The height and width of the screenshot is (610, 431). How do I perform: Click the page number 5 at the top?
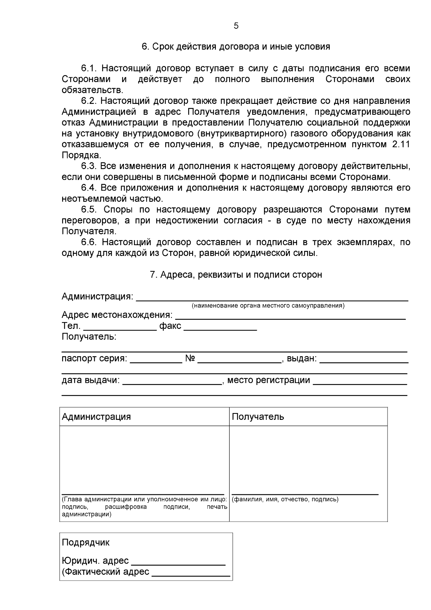tap(236, 26)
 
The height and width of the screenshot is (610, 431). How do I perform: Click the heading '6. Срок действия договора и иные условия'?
tap(236, 47)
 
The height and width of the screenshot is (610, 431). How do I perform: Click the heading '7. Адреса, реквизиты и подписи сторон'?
tap(236, 275)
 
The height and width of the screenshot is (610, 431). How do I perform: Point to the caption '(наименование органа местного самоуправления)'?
tap(268, 306)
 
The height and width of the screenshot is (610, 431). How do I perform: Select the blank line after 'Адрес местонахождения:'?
tap(290, 317)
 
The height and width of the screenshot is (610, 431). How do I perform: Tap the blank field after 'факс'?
tap(221, 328)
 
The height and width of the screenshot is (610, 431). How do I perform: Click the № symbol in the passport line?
tap(190, 358)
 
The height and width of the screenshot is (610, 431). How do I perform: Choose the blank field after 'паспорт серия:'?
tap(156, 361)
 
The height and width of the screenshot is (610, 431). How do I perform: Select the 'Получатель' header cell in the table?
tap(308, 417)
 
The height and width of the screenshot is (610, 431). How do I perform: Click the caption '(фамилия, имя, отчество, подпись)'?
tap(285, 499)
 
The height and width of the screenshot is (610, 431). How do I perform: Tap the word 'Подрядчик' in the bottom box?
tap(86, 542)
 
